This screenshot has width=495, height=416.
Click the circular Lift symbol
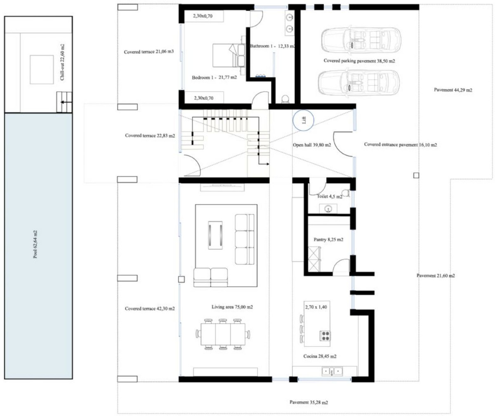tap(303, 120)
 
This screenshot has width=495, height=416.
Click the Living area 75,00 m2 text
tap(232, 307)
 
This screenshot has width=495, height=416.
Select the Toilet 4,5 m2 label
tap(329, 197)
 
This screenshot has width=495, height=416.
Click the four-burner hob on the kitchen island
tap(325, 336)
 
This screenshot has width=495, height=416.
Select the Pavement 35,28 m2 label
tap(309, 402)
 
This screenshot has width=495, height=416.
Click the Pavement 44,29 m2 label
tap(453, 90)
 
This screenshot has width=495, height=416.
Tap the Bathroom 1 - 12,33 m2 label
tap(272, 46)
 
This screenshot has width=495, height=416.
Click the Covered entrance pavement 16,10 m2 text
tap(401, 145)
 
